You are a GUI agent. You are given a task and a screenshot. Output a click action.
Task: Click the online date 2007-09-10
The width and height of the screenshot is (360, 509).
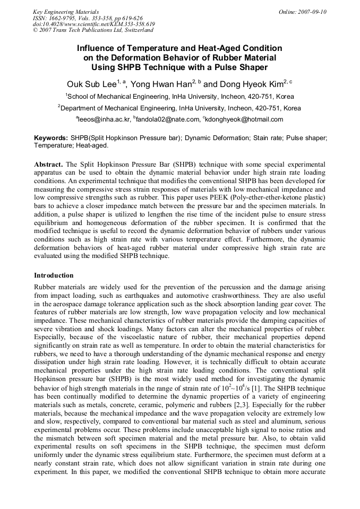(312, 12)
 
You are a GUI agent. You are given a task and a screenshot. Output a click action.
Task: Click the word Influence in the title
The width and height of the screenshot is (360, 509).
(97, 48)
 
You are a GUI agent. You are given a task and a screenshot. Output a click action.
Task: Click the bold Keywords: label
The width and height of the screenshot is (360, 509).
(51, 138)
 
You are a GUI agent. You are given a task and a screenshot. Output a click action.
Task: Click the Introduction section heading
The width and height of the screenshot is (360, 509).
(54, 275)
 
